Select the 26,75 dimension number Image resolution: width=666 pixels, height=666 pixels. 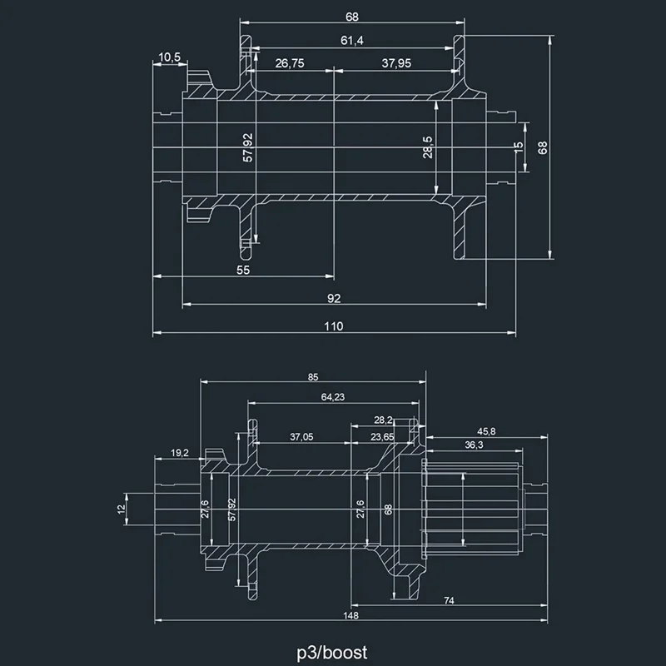288,63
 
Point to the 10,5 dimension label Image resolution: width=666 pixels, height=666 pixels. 169,57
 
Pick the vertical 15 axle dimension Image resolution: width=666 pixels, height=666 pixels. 519,147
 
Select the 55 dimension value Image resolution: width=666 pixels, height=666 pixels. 243,270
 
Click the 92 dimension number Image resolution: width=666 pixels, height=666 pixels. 334,298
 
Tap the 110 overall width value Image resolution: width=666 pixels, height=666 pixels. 334,327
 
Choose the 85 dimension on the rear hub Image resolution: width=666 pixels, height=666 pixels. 312,377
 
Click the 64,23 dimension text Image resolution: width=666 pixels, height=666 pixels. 332,397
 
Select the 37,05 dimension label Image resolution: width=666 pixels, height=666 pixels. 301,436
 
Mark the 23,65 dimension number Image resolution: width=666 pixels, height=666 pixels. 383,436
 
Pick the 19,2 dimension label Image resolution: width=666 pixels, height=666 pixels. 180,453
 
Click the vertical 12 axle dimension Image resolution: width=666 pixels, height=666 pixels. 121,507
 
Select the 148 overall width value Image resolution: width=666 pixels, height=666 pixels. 350,615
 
